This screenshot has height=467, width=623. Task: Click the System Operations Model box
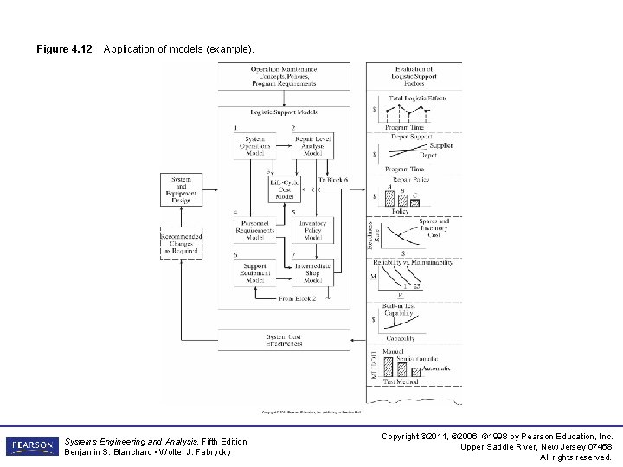click(254, 146)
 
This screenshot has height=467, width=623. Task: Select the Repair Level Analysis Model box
click(312, 146)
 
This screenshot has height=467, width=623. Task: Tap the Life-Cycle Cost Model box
click(284, 189)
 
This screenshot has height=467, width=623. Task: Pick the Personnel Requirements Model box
click(254, 229)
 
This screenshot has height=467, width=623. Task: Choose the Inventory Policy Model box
click(312, 229)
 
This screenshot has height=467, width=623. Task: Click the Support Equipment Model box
click(254, 273)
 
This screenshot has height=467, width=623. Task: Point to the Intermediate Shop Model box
click(312, 273)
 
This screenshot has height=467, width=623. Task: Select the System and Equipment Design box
click(181, 189)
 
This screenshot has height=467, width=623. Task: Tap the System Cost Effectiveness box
click(284, 340)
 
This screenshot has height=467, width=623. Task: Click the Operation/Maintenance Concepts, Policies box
click(284, 76)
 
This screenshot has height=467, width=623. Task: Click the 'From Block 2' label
click(297, 298)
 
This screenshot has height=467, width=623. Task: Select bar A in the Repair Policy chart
click(389, 198)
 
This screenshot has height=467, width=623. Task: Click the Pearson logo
click(32, 446)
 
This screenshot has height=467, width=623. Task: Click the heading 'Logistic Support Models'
click(284, 112)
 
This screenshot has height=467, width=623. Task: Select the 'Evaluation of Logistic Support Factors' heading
click(414, 76)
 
